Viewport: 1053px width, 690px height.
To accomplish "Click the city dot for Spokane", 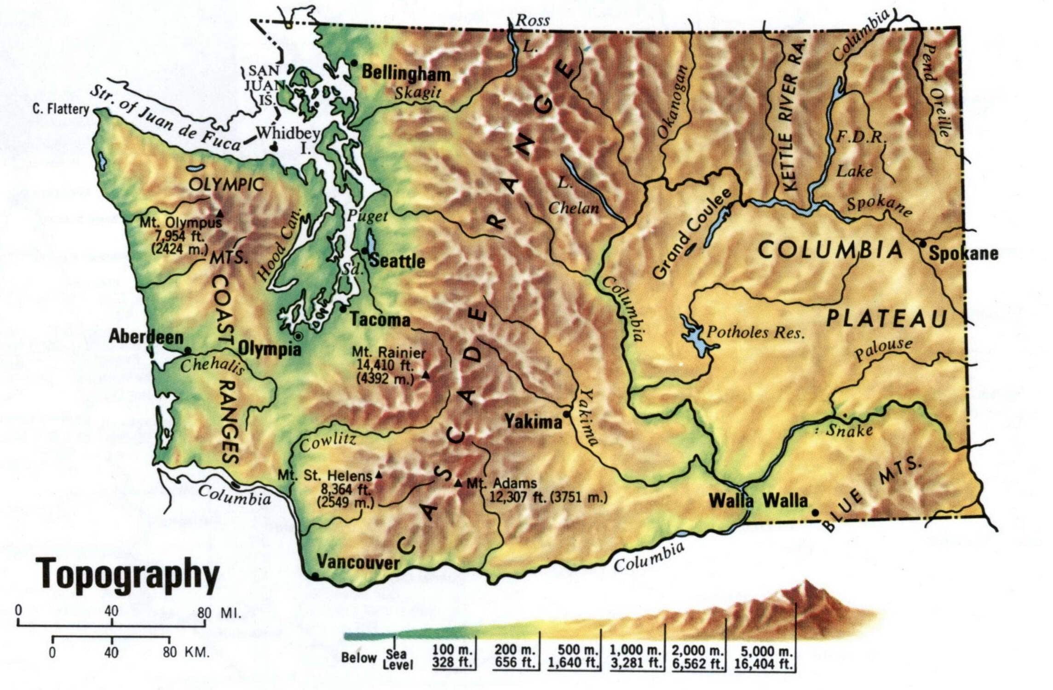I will click(x=922, y=243).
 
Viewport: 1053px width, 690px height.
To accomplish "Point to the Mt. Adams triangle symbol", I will click(x=458, y=483).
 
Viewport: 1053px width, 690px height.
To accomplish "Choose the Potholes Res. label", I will click(x=756, y=332).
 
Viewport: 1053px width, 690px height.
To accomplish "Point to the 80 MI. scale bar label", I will click(x=218, y=613).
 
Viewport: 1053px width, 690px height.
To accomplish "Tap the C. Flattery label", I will click(x=61, y=109).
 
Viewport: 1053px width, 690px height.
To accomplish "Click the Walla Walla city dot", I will click(x=815, y=512).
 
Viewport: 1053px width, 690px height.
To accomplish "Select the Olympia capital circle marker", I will click(x=298, y=336).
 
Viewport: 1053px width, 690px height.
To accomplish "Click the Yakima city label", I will click(x=534, y=421).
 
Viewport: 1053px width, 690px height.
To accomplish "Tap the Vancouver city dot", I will click(x=315, y=575).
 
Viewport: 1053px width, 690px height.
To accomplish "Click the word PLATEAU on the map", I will click(x=886, y=318).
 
